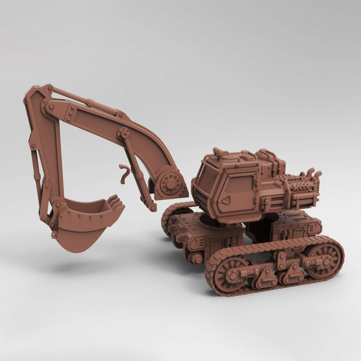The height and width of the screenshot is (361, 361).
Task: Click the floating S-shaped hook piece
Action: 124,173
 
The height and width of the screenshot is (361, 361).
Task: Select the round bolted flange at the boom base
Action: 171,184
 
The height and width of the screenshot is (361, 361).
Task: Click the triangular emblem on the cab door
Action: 226,201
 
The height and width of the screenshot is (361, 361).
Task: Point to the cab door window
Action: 239,184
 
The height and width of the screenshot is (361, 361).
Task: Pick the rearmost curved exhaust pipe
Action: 318,174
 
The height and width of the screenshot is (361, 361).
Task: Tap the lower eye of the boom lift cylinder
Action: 153,208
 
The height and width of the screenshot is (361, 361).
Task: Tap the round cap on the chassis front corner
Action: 196,258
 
